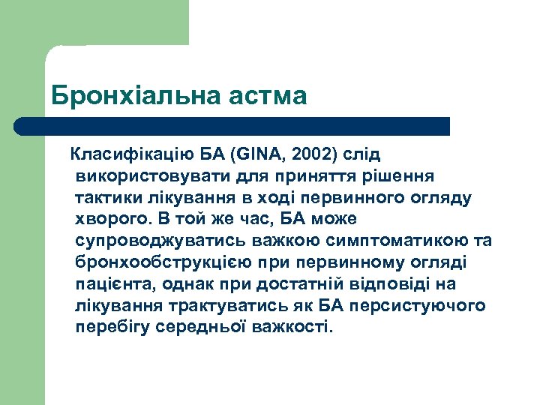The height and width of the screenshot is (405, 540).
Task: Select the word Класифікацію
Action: coord(129,155)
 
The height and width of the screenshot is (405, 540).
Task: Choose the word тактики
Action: coord(106,198)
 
